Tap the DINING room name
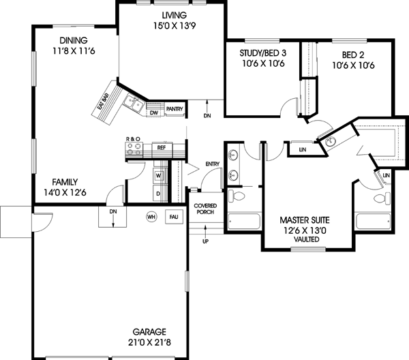(72, 40)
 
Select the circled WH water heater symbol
(151, 217)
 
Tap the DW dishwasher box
(154, 112)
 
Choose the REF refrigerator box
(162, 147)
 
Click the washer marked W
(158, 175)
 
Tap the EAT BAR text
(104, 100)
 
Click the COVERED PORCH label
(205, 209)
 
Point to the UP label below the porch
(205, 241)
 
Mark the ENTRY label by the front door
(212, 164)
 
